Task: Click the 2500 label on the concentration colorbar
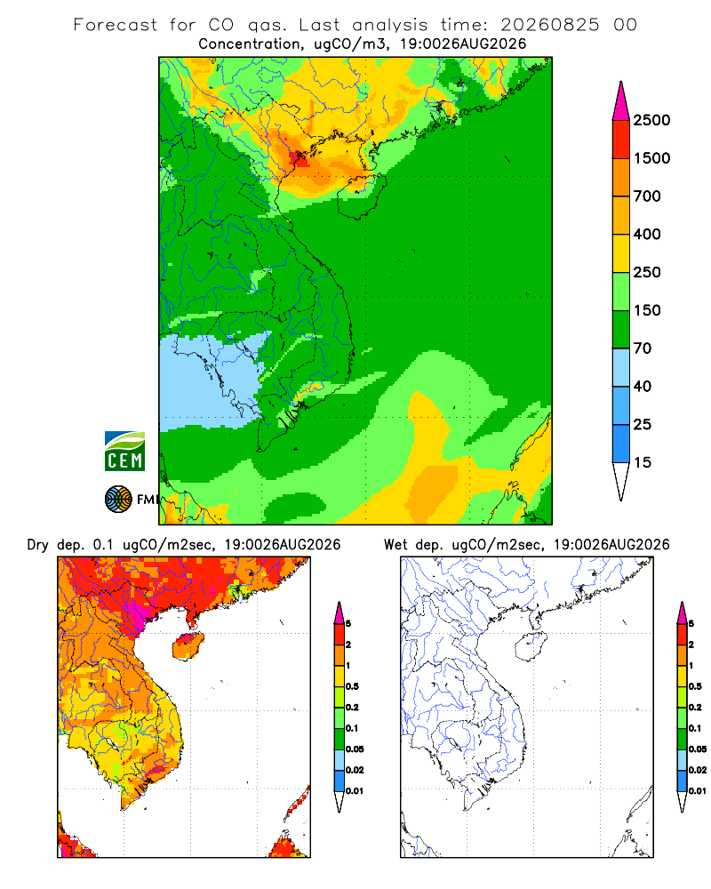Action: click(651, 120)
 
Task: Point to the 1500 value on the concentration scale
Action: click(651, 158)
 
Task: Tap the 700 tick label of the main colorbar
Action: click(647, 196)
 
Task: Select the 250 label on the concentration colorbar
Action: click(647, 272)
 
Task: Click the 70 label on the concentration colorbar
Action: click(643, 348)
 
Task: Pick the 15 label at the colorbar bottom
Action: click(643, 462)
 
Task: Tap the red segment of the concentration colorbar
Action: click(621, 139)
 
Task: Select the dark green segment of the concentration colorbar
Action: click(621, 329)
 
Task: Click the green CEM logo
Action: click(124, 452)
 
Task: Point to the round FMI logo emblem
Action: click(118, 500)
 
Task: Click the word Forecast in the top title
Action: click(116, 25)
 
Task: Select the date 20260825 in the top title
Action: click(549, 25)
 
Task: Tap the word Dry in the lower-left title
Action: click(38, 545)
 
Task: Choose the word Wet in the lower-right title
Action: click(395, 545)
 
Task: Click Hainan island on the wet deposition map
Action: click(531, 647)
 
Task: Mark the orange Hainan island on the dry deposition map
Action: click(188, 647)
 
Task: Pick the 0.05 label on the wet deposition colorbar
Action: click(698, 749)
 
